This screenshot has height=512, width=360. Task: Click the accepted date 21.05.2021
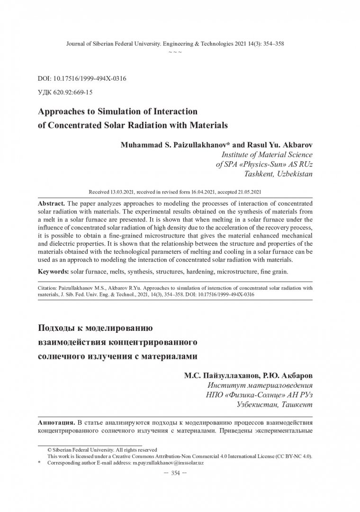(246, 193)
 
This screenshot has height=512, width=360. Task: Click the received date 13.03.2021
(124, 193)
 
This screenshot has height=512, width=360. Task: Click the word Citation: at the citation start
(49, 287)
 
